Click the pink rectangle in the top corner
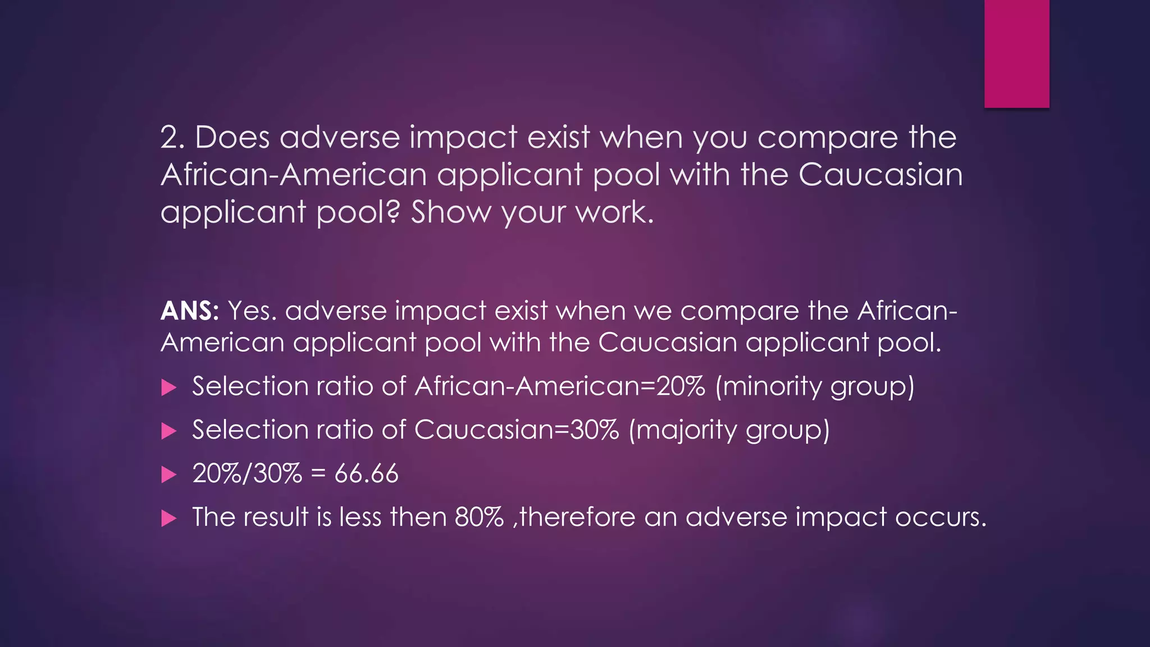pos(1016,53)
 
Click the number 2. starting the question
pos(172,138)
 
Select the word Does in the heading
pos(232,138)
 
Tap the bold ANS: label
pos(190,311)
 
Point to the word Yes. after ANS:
pos(252,311)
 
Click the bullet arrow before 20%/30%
pos(168,475)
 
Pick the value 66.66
pos(366,473)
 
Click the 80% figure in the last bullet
pos(479,517)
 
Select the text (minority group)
pos(815,387)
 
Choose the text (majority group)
pos(729,431)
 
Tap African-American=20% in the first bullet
pos(560,386)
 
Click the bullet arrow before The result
pos(168,518)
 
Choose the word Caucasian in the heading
pos(880,175)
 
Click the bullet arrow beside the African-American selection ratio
pos(168,388)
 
